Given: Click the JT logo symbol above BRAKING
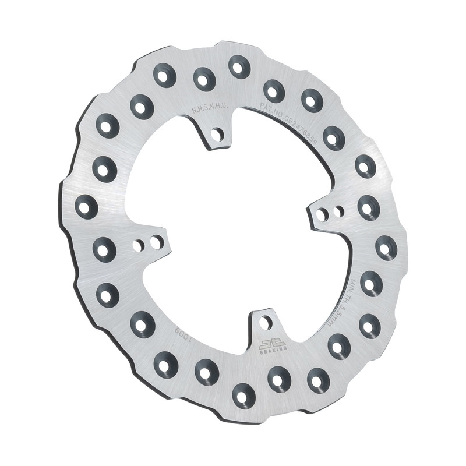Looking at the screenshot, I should pyautogui.click(x=272, y=342).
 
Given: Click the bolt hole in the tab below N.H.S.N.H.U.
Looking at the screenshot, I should pyautogui.click(x=218, y=135).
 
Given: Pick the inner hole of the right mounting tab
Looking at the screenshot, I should pyautogui.click(x=321, y=214).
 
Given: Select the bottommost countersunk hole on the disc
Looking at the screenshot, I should pyautogui.click(x=243, y=395).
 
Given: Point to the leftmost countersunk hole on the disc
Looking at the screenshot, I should pyautogui.click(x=86, y=206).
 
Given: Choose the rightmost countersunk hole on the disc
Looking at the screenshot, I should pyautogui.click(x=386, y=248).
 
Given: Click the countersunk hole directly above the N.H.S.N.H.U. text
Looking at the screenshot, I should pyautogui.click(x=204, y=79).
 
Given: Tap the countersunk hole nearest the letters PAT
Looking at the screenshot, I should pyautogui.click(x=274, y=91).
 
